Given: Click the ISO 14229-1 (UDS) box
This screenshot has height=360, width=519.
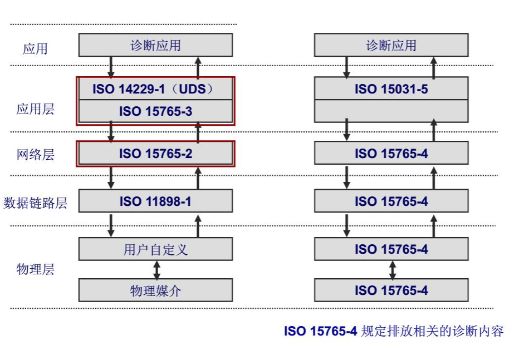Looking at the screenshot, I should click(155, 89).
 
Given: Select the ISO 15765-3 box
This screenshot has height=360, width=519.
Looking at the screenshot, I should click(155, 111).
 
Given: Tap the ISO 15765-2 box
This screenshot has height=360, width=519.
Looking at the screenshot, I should click(155, 154).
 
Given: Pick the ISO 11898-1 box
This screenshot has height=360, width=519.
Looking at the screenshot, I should click(155, 201).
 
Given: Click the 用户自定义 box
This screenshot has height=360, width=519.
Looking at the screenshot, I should click(155, 249).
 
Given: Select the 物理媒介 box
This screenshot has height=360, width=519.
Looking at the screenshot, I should click(155, 290).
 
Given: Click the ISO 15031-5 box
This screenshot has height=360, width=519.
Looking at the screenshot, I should click(391, 89).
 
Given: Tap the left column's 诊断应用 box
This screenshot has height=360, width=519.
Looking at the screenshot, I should click(155, 45).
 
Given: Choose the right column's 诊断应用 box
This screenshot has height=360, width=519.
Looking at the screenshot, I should click(391, 45).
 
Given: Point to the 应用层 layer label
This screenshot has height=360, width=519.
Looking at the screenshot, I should click(35, 109).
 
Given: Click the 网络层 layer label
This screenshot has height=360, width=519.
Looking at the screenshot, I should click(35, 154).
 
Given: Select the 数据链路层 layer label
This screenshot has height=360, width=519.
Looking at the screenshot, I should click(35, 203).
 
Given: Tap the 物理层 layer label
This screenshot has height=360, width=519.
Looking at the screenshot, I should click(35, 270).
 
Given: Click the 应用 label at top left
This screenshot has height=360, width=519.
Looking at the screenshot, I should click(35, 48).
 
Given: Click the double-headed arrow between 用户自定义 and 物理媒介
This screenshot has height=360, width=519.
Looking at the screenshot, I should click(156, 270).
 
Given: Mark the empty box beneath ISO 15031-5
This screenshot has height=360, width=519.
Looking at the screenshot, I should click(391, 111).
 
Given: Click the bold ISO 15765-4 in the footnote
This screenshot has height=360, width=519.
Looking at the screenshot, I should click(320, 332).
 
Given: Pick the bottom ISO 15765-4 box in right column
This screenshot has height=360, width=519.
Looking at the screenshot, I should click(391, 290).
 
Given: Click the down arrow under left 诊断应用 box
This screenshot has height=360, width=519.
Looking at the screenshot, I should click(111, 67).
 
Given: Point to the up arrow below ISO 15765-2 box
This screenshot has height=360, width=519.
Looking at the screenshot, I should click(198, 177).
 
